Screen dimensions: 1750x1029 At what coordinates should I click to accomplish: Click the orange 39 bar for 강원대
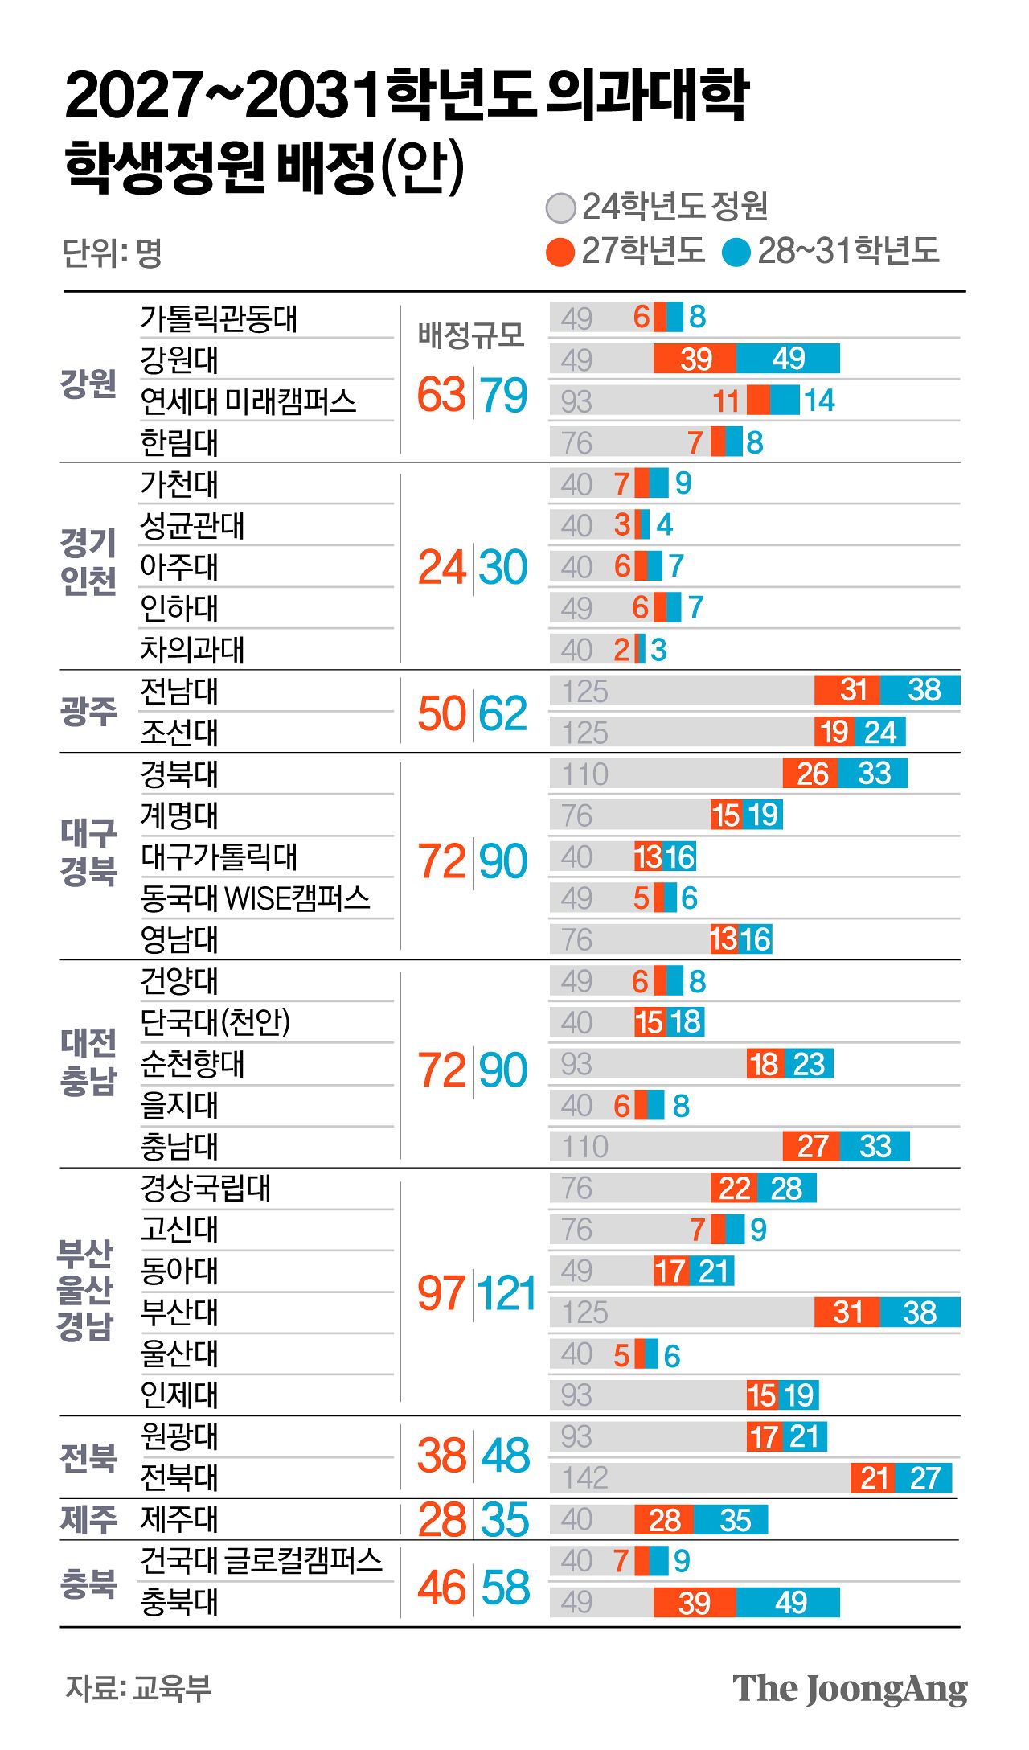click(x=695, y=359)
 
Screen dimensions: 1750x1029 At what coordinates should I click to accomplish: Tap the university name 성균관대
click(x=192, y=526)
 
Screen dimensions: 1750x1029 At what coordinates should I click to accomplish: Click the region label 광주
click(x=88, y=711)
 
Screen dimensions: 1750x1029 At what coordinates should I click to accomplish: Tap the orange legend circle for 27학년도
click(x=560, y=252)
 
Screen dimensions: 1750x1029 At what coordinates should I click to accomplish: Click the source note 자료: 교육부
click(x=138, y=1687)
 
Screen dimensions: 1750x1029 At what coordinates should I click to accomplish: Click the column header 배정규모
click(x=470, y=335)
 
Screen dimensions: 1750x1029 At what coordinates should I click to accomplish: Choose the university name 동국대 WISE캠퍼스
click(x=255, y=898)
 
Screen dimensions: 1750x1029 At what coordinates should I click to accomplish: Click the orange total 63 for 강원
click(x=441, y=395)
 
